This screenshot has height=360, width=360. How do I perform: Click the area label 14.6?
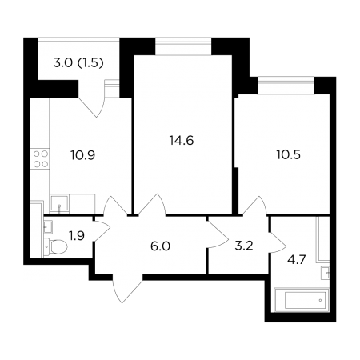[x=182, y=140]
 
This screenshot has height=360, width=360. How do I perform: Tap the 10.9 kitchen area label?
[x=83, y=155]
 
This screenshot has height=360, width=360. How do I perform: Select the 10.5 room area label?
[x=289, y=154]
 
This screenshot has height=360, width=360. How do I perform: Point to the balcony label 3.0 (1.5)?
[x=78, y=63]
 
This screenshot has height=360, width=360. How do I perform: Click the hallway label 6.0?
[x=160, y=246]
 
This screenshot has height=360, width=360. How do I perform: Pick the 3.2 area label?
[x=244, y=246]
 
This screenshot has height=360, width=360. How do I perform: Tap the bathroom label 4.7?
[x=296, y=259]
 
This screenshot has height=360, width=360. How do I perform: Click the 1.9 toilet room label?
[x=77, y=236]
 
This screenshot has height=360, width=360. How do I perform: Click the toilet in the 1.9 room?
[x=55, y=246]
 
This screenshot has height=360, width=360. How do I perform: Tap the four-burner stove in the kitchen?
[x=41, y=158]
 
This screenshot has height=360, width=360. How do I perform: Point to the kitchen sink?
[x=59, y=203]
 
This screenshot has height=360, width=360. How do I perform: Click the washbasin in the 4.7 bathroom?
[x=325, y=273]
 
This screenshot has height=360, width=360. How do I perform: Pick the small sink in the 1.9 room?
[x=48, y=227]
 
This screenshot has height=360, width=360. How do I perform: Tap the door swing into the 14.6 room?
[x=151, y=204]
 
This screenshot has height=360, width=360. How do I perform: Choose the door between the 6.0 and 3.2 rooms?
[x=217, y=234]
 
